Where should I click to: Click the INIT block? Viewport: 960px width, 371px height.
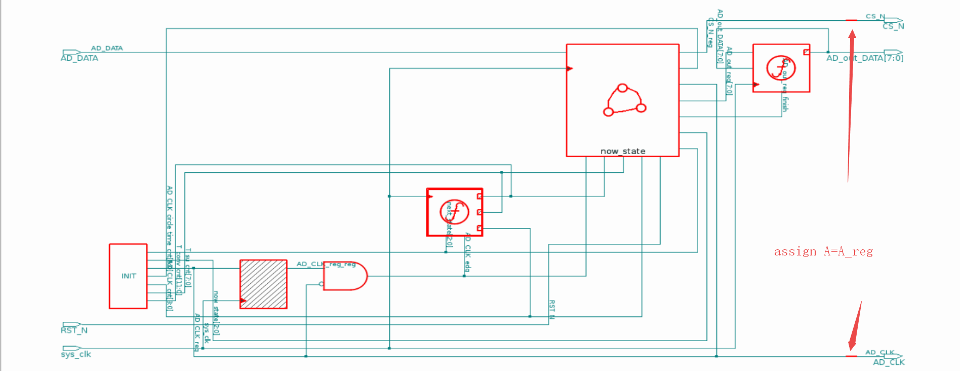[x=128, y=276]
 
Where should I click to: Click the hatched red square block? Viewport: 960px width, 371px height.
[x=263, y=284]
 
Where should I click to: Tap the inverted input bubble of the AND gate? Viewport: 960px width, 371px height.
[x=321, y=284]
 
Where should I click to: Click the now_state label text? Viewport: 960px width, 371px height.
[x=623, y=151]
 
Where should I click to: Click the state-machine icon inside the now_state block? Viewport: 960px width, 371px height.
[x=624, y=100]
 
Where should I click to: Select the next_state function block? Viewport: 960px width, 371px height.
[x=455, y=212]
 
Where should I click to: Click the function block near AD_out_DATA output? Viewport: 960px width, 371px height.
[x=781, y=68]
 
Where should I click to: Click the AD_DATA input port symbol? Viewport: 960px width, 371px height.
[x=71, y=52]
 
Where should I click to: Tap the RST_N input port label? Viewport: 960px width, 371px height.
[x=74, y=330]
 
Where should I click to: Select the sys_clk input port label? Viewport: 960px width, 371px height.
[x=76, y=354]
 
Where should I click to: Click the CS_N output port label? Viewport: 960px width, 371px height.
[x=893, y=26]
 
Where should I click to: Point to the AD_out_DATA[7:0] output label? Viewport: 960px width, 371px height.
[x=865, y=58]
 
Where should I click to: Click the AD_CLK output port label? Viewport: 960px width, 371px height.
[x=889, y=362]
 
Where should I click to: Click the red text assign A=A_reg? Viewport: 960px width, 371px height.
[x=823, y=251]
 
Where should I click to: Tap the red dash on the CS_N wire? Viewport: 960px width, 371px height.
[x=851, y=20]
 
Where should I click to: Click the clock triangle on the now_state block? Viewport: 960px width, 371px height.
[x=570, y=68]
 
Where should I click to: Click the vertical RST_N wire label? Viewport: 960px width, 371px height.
[x=552, y=309]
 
